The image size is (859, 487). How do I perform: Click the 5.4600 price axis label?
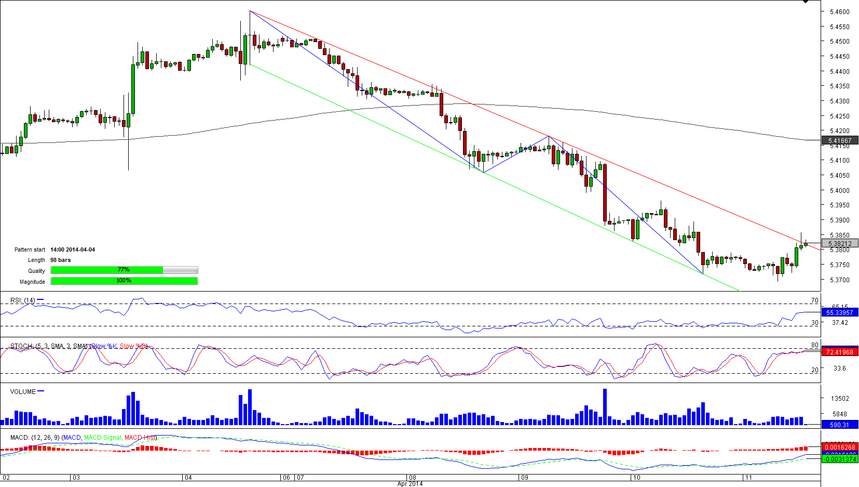[839, 11]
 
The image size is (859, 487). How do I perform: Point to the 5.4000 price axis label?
[839, 191]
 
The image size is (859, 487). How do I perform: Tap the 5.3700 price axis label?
[839, 280]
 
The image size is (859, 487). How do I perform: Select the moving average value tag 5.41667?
[840, 141]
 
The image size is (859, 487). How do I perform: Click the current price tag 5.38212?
[840, 244]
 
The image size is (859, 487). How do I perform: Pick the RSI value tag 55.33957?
[840, 313]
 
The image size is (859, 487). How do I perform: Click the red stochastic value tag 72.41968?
[840, 352]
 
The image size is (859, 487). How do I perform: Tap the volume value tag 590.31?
[839, 425]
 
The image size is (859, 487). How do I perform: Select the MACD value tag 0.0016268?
[840, 447]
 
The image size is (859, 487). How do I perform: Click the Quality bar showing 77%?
[124, 270]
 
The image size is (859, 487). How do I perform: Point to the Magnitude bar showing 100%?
[124, 281]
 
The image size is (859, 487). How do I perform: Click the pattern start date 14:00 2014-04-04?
[73, 250]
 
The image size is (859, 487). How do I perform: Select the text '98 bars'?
[61, 260]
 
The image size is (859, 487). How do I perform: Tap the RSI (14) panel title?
[23, 300]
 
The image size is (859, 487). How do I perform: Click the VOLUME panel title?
[23, 392]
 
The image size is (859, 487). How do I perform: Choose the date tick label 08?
[413, 478]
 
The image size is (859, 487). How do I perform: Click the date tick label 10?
[637, 478]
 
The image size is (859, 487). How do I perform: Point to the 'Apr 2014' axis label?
[410, 484]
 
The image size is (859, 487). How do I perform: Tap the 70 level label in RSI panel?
[814, 300]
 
